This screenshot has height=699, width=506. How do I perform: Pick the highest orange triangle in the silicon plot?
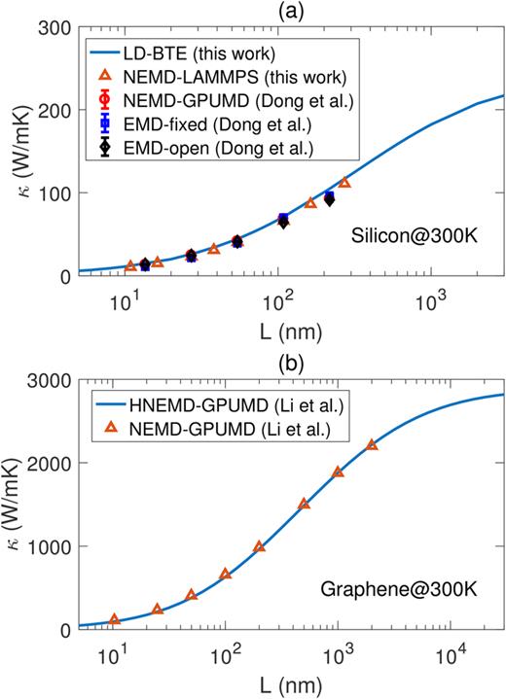click(343, 183)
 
